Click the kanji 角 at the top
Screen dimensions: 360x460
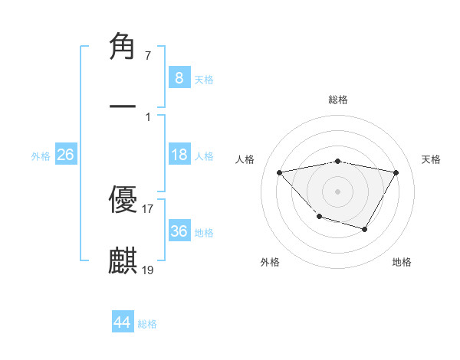(x=123, y=47)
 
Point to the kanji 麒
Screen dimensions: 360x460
(x=123, y=260)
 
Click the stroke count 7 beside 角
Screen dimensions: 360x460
(x=147, y=56)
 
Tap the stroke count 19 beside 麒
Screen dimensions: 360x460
(x=148, y=269)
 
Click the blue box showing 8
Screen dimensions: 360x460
(x=179, y=78)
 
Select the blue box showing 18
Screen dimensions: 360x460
(x=179, y=155)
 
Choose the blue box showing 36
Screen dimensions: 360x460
(x=179, y=231)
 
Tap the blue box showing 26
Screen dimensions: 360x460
(x=65, y=155)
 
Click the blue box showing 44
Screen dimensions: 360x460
(x=122, y=323)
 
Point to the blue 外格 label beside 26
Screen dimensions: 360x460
(x=41, y=156)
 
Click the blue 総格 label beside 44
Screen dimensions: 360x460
(x=147, y=324)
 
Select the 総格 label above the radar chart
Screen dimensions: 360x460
(x=337, y=100)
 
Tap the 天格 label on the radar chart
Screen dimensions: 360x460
(x=431, y=159)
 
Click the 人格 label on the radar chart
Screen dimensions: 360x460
(x=245, y=159)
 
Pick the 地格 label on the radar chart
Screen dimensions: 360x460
(x=402, y=262)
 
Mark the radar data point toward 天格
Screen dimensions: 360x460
(x=396, y=172)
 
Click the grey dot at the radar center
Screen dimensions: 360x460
(x=337, y=191)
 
